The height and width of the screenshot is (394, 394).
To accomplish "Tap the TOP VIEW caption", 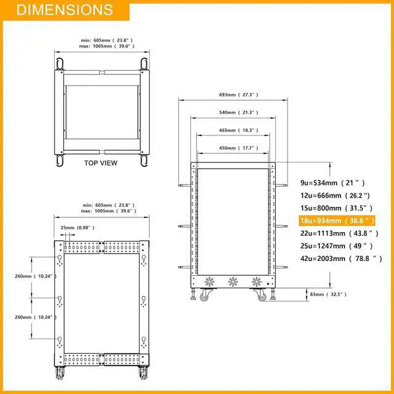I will (x=101, y=163).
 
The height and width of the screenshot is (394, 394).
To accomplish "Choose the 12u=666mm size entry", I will (x=336, y=196).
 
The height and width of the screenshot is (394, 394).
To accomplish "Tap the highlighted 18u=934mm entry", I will (x=336, y=220).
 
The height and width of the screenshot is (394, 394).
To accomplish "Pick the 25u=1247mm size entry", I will (x=336, y=246).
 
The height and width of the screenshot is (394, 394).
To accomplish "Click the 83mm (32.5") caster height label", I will (x=326, y=295).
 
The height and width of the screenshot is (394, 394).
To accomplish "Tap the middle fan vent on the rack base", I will (x=233, y=283).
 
